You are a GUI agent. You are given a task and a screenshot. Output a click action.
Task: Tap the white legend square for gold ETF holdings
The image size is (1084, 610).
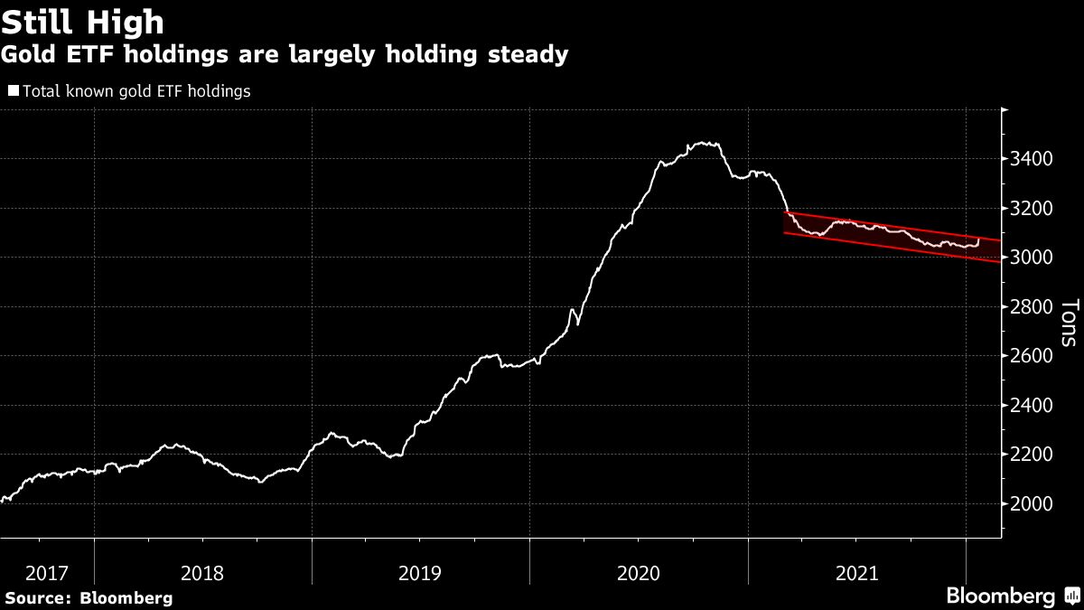click(x=13, y=90)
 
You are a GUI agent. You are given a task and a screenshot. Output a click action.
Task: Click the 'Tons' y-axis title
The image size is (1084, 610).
click(x=1068, y=323)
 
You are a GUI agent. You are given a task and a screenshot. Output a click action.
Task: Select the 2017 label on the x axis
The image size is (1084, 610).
click(x=47, y=572)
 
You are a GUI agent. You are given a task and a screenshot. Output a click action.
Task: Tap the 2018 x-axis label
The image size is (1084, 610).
click(x=202, y=572)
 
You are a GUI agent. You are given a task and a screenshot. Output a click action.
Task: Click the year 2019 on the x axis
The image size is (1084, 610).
click(x=420, y=572)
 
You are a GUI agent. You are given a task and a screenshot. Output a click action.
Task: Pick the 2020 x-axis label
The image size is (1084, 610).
click(x=639, y=572)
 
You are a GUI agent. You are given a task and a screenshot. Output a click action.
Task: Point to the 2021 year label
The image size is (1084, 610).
click(x=857, y=572)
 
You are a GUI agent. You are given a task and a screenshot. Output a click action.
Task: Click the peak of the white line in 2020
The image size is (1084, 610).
click(x=703, y=143)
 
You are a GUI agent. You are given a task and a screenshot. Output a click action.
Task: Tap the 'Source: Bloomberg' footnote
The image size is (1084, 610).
click(x=88, y=597)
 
